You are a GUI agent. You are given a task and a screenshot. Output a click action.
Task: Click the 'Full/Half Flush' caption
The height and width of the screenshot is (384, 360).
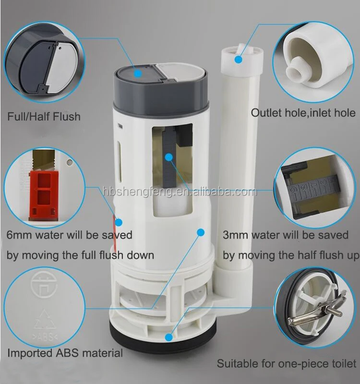coord(44,117)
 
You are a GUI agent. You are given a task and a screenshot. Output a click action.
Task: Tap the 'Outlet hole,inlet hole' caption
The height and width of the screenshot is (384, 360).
coord(303,113)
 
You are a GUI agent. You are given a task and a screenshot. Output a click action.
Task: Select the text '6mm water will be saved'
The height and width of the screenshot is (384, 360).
coord(70,235)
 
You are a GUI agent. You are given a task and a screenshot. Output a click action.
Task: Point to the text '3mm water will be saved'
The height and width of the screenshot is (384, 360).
coord(286,235)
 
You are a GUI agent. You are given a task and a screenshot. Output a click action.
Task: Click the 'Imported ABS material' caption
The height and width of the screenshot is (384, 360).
coord(65,353)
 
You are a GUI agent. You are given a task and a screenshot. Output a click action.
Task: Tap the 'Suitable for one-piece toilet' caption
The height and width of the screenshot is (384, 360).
coord(287,363)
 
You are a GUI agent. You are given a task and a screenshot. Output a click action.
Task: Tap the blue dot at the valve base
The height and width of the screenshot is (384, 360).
coord(168,337)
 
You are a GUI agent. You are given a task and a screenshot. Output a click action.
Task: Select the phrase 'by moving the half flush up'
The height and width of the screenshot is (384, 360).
coord(290,254)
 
